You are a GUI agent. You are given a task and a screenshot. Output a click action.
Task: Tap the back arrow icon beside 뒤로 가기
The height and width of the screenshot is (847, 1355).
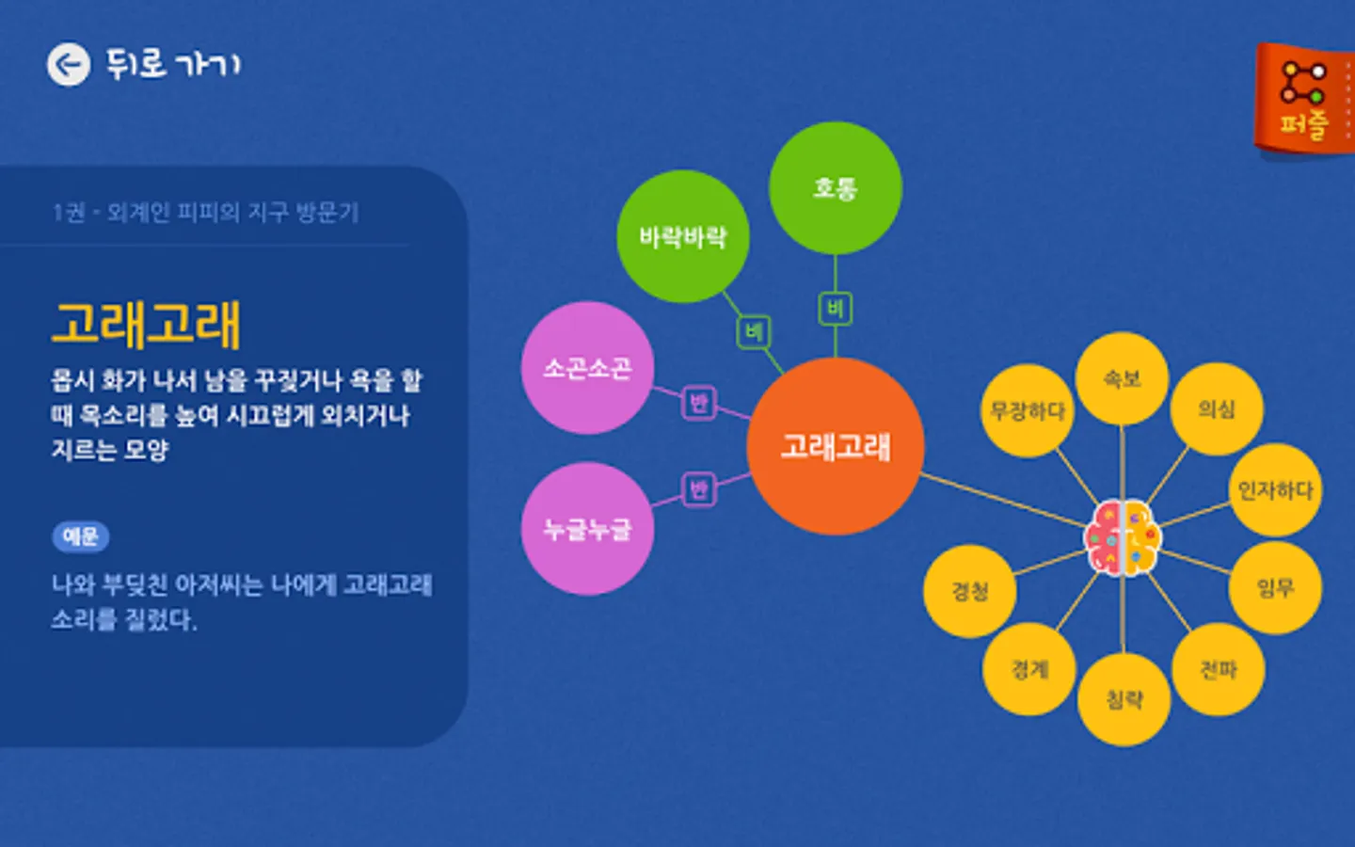point(69,65)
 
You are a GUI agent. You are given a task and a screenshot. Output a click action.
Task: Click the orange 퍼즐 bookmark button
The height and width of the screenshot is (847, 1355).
point(1304,98)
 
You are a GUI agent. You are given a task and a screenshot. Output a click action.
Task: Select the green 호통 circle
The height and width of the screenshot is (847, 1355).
point(835,188)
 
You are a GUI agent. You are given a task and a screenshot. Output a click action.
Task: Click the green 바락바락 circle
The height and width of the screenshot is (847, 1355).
point(682,236)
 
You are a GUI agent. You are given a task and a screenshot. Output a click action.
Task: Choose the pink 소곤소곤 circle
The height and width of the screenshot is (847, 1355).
point(587,368)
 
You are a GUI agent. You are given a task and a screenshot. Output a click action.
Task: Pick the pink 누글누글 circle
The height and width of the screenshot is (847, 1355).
point(587,529)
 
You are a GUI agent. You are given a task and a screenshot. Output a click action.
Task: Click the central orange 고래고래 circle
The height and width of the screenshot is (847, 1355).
point(835,446)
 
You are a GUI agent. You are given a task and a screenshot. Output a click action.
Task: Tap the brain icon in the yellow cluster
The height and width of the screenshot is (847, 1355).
point(1123,537)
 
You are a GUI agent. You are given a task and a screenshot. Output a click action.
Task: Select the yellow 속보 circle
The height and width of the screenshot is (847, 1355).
point(1122,378)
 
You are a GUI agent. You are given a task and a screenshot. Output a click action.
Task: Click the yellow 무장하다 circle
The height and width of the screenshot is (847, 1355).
point(1027,411)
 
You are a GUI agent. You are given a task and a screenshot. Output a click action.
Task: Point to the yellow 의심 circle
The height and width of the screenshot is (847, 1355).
point(1217,409)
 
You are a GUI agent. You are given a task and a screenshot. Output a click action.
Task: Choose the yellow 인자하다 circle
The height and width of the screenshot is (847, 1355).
point(1275,490)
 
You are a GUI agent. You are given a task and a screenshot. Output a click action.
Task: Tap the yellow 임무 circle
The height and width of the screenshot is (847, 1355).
point(1275,588)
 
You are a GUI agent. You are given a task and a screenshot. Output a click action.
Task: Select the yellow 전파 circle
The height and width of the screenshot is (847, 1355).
point(1218,669)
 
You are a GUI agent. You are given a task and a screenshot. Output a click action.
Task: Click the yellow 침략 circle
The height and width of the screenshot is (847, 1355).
point(1124,699)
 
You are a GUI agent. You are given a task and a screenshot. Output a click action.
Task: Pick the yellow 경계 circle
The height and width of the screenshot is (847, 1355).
point(1029,669)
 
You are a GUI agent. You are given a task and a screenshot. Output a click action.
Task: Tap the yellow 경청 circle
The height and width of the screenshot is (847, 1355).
point(970,591)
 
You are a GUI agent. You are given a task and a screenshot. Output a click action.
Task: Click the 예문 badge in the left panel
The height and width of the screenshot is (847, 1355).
point(80,536)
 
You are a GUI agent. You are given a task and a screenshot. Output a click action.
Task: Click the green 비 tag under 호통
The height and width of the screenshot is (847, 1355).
point(835,309)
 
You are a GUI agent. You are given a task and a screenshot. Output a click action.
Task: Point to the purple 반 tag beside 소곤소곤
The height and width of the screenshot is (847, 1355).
point(698,403)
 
